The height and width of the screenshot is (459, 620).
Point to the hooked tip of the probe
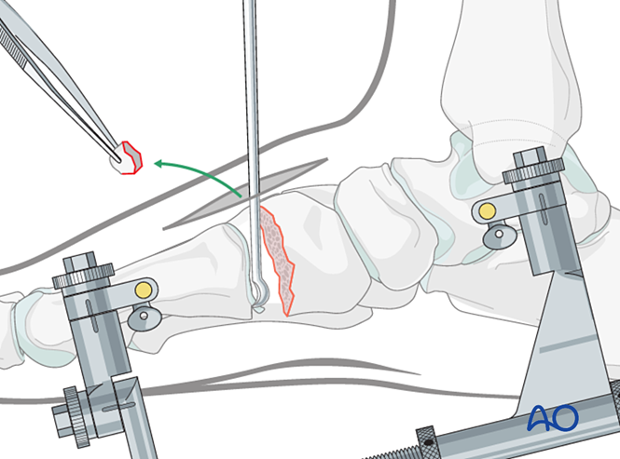coord(262,298)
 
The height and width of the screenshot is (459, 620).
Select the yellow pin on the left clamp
coord(142,290)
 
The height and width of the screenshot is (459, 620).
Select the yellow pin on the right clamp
coord(486,211)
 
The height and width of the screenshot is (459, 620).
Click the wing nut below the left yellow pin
coord(142,320)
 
